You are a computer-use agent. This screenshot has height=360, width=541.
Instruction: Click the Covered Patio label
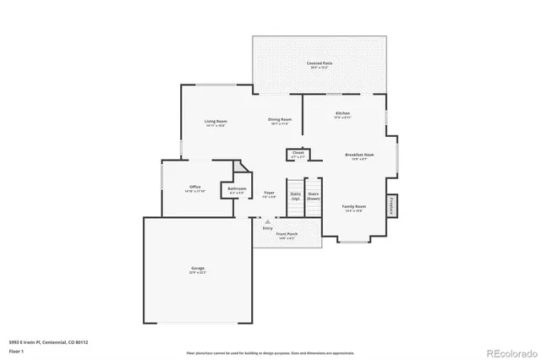click(319, 64)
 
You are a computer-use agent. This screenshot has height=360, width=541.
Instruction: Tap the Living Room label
click(216, 123)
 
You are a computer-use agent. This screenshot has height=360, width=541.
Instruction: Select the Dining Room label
click(280, 121)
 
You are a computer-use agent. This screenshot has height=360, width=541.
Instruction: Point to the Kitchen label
click(342, 114)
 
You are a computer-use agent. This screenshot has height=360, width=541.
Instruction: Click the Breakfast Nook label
click(359, 155)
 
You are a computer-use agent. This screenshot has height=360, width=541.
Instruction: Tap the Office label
click(194, 188)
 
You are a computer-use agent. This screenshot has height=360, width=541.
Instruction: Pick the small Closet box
click(298, 154)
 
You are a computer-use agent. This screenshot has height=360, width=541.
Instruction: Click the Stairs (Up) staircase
click(295, 195)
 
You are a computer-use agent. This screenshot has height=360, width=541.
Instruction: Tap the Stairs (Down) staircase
click(313, 195)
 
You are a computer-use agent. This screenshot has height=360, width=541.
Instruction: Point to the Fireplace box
click(391, 205)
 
